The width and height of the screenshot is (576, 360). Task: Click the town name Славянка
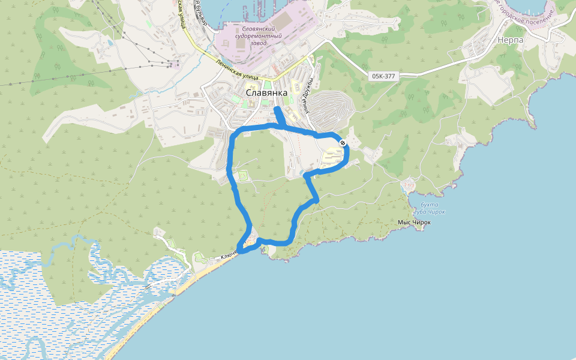[x=267, y=93]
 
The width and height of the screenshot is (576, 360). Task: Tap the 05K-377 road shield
[x=383, y=76]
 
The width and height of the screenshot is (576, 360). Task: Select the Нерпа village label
[x=510, y=40]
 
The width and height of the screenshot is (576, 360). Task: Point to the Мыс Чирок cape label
[x=414, y=223]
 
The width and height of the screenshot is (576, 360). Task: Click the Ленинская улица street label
[x=237, y=70]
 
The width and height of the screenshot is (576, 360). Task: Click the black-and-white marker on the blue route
[x=342, y=143]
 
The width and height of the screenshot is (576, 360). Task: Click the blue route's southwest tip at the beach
[x=239, y=250]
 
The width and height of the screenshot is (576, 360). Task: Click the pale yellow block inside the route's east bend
[x=334, y=158]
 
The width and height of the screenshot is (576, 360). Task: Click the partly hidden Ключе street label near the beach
[x=229, y=256]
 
